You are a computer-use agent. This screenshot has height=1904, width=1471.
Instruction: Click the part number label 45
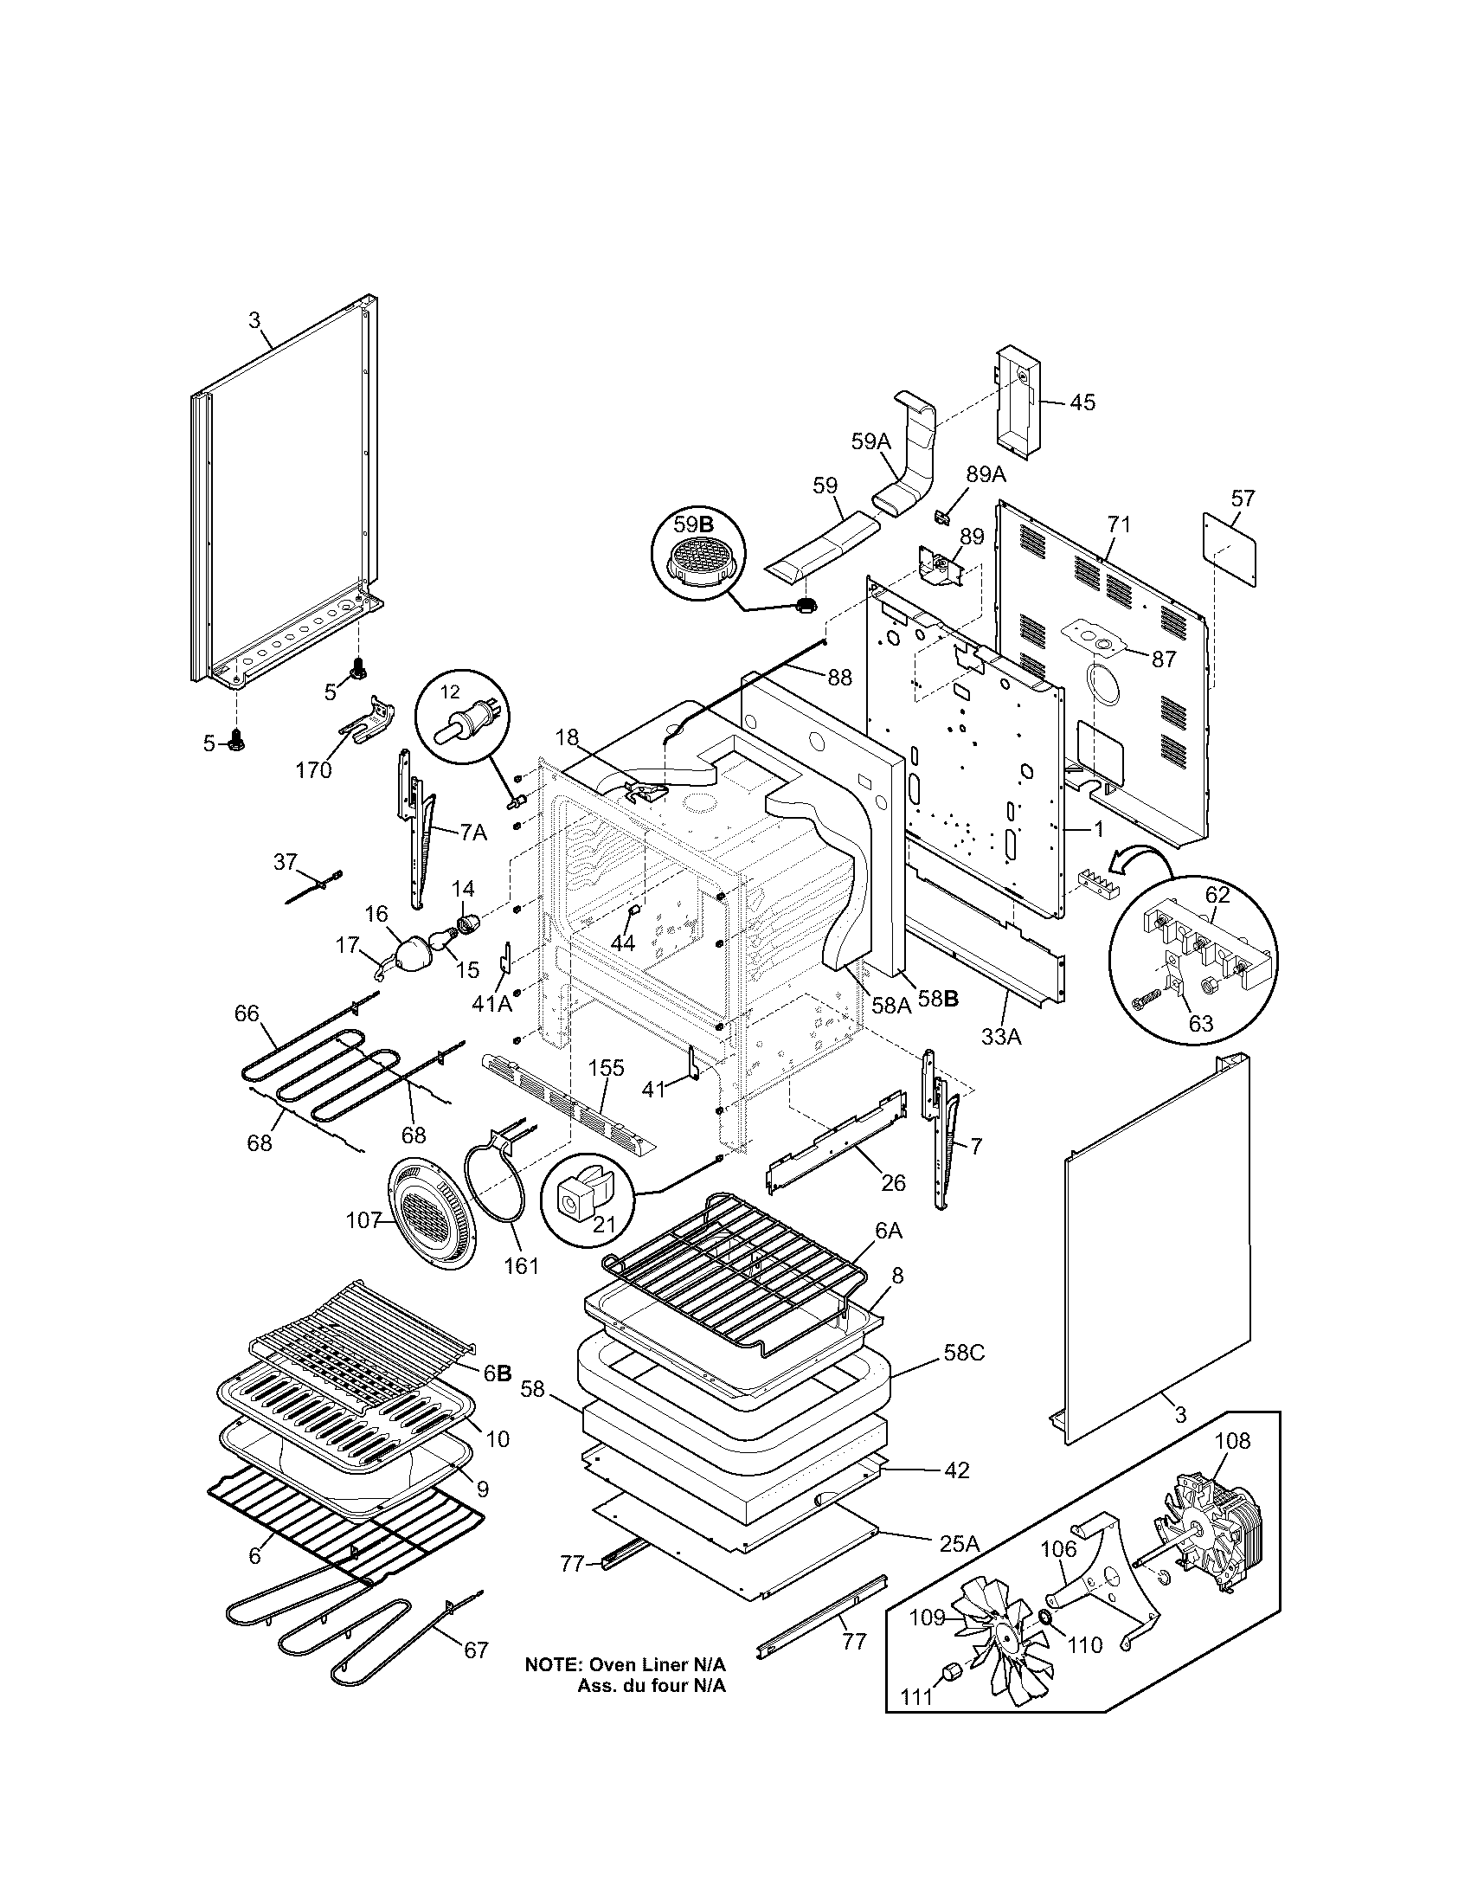1082,402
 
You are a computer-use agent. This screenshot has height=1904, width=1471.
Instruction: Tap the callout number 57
1243,499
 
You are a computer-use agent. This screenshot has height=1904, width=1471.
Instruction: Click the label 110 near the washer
1085,1645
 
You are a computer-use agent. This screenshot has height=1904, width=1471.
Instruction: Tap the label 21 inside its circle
604,1224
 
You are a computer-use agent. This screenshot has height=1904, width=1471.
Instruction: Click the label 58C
964,1353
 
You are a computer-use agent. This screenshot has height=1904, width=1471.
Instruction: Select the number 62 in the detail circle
1217,895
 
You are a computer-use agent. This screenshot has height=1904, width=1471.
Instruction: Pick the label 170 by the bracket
314,769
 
